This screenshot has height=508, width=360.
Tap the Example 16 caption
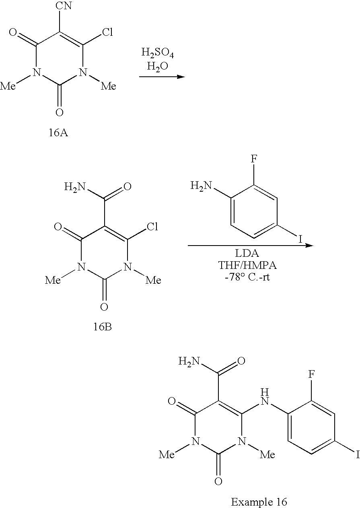(259, 502)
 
